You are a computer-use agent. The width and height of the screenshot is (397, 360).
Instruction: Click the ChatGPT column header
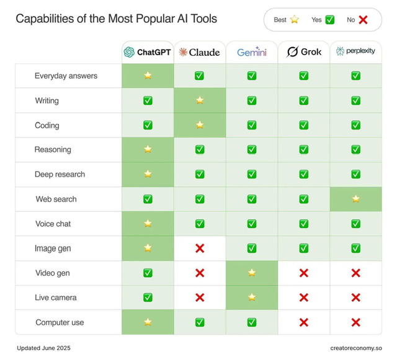[x=147, y=52]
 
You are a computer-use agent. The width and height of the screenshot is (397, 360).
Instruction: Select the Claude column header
[x=200, y=52]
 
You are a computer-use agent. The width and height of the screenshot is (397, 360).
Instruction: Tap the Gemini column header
[x=251, y=52]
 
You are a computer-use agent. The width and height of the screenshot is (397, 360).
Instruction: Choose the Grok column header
[x=303, y=52]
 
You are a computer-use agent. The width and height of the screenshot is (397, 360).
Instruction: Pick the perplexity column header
[x=355, y=51]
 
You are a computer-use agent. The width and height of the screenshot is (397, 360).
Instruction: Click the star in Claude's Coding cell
[x=200, y=125]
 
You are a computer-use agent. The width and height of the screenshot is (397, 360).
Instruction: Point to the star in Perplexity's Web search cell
[x=355, y=199]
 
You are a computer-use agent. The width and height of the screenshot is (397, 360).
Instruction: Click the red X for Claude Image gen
[x=200, y=248]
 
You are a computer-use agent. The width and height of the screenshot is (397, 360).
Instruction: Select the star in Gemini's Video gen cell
[x=251, y=273]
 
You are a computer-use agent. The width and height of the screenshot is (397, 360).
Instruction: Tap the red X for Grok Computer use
[x=303, y=322]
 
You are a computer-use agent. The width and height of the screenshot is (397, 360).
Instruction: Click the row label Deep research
[x=60, y=174]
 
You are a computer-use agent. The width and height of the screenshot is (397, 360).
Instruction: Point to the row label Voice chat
[x=53, y=224]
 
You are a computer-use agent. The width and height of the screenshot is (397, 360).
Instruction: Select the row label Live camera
[x=56, y=297]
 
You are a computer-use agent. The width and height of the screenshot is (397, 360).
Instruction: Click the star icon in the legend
[x=294, y=20]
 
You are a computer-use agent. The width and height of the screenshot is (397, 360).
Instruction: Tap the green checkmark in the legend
[x=330, y=20]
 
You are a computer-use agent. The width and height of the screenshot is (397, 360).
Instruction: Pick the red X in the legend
[x=363, y=20]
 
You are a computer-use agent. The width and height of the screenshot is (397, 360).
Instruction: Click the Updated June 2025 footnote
[x=43, y=348]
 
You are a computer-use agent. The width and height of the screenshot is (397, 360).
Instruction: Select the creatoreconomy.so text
[x=356, y=348]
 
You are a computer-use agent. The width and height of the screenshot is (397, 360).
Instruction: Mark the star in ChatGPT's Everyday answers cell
[x=148, y=76]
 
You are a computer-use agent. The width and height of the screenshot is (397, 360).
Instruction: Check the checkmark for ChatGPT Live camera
[x=148, y=297]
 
